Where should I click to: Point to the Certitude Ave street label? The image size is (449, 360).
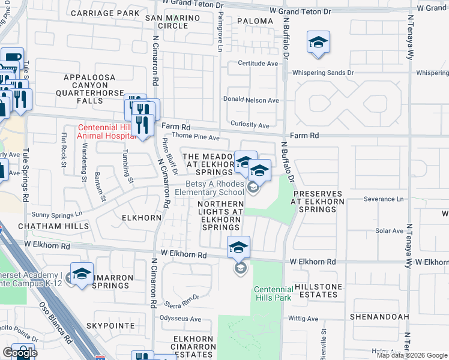[x=258, y=63]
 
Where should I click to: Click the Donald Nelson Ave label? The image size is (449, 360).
[x=251, y=100]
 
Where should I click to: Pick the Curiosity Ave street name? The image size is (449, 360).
[x=250, y=125]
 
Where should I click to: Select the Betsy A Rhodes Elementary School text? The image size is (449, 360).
[x=209, y=188]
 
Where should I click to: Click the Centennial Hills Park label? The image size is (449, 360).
[x=273, y=293]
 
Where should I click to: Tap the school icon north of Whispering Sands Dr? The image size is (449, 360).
[x=318, y=43]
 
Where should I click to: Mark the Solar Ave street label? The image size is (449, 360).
[x=389, y=231]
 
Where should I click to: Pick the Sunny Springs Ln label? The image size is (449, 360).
[x=57, y=214]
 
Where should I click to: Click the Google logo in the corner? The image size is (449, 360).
[x=20, y=353]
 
